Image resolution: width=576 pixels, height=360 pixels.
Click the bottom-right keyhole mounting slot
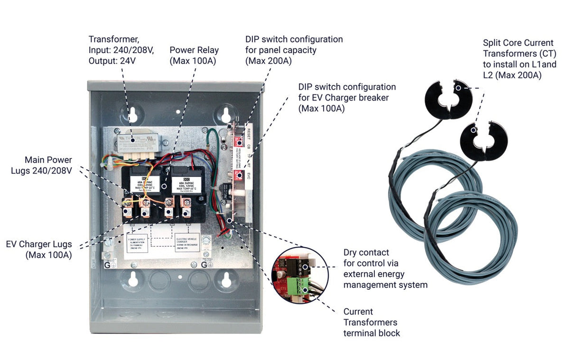click(x=226, y=280)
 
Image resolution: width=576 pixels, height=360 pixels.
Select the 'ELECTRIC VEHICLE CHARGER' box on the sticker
click(x=187, y=241)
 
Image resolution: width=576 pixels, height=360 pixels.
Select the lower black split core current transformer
click(x=483, y=140)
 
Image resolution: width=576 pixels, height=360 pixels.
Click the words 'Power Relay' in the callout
click(x=194, y=50)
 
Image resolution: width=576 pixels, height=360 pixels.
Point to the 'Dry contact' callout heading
click(x=366, y=253)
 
